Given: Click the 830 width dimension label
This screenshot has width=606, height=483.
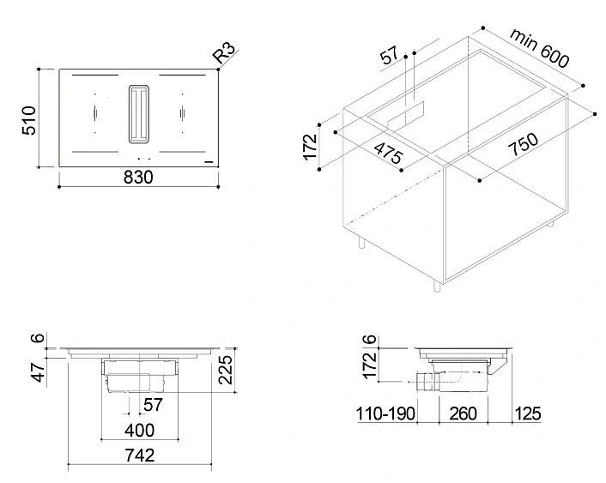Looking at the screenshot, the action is pos(138,178).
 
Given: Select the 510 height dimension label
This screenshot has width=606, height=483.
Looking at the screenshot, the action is pos(29,121).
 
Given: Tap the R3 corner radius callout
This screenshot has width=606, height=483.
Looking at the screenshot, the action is pos(224,52).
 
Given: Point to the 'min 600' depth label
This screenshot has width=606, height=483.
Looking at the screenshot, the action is pos(540,48).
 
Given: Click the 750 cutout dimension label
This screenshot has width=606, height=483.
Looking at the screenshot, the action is pos(523,144).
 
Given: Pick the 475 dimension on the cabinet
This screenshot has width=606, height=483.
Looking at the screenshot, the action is pos(389,152).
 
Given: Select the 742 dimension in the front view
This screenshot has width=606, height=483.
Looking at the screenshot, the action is pos(140,456).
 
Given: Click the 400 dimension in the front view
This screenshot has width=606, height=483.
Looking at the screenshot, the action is pos(140,430).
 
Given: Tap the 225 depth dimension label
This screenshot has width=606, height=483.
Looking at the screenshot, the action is pos(226,370).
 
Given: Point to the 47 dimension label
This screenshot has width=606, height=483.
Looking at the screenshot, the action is pos(39,372).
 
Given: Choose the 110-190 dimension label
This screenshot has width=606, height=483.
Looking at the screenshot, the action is pos(385,414).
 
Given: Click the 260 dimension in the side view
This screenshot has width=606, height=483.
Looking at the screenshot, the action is pos(463,414).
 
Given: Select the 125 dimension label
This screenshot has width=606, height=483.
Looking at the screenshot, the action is pos(528,414).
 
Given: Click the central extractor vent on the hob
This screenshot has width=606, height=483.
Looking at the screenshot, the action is pos(138,113).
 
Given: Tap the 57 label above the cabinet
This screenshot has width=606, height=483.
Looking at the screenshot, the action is pos(389,55).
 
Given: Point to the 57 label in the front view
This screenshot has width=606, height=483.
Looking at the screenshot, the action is pos(154,405).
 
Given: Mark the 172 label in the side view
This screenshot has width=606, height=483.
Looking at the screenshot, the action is pos(369,365).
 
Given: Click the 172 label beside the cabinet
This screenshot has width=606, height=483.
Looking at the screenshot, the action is pos(310,147).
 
